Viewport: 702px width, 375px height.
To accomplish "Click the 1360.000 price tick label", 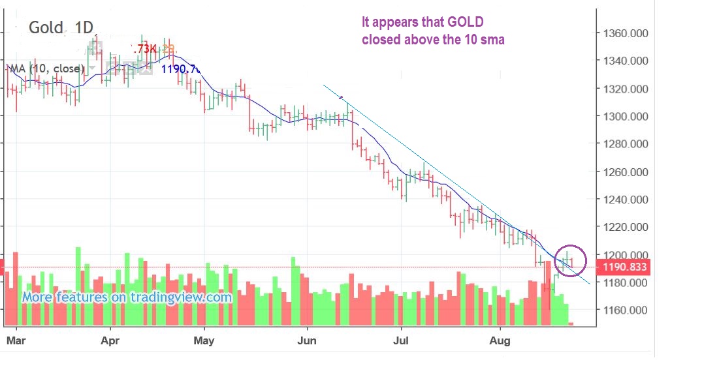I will point(625,33).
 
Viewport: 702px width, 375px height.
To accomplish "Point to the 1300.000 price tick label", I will point(625,117).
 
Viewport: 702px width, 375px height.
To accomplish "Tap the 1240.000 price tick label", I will point(625,200).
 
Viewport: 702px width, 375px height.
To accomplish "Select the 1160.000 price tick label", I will point(625,310).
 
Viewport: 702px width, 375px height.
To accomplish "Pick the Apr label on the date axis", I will point(110,340).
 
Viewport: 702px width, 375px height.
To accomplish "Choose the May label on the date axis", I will point(204,340).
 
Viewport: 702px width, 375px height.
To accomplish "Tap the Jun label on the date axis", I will point(307,340).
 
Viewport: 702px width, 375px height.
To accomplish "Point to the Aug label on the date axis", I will point(500,340).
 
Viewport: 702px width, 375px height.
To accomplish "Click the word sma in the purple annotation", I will point(494,40).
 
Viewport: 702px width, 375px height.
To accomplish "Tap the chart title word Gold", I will point(46,28).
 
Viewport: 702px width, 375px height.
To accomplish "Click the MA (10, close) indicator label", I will point(46,68).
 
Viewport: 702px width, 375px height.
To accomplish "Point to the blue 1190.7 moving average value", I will point(181,68).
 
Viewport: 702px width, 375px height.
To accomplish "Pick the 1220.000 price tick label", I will point(625,228).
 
